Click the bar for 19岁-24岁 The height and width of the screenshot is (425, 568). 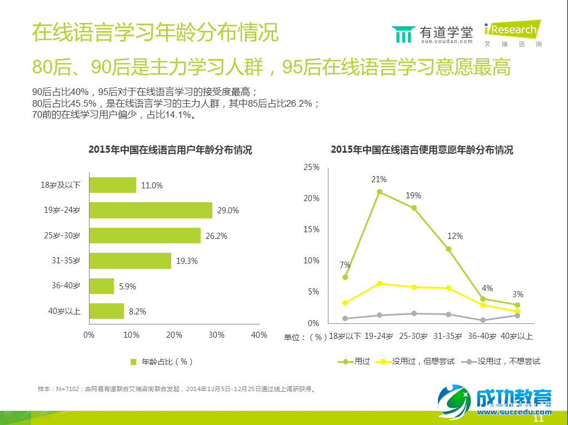[150, 210]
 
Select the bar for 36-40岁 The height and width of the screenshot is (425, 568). [101, 286]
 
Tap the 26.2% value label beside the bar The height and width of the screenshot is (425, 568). [216, 236]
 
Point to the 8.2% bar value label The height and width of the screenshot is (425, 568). [137, 312]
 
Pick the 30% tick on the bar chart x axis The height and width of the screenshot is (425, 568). [216, 335]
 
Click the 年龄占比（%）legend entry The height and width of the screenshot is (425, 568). [162, 361]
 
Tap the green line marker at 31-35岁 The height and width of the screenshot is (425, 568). [449, 249]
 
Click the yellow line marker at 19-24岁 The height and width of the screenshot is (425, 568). [380, 283]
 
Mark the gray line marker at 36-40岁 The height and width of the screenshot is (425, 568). [483, 320]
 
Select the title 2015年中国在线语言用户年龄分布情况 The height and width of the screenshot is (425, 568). [170, 151]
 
